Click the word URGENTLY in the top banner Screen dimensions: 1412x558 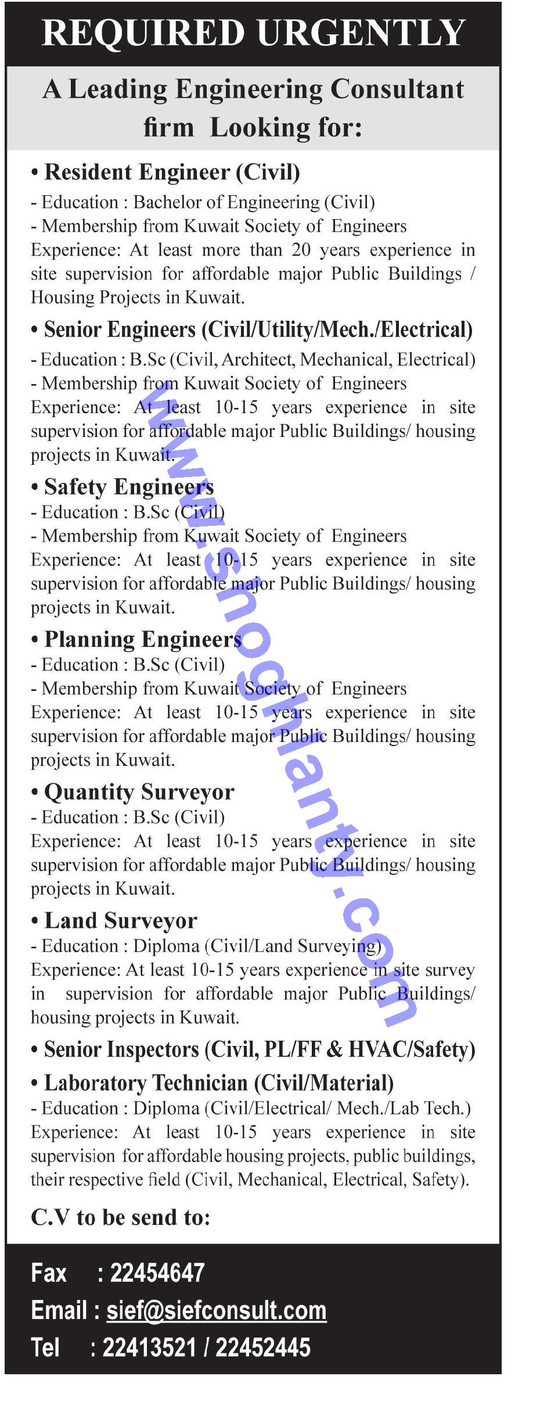tap(361, 33)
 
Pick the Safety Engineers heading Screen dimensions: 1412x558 tap(129, 486)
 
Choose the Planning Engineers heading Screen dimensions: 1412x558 tap(143, 639)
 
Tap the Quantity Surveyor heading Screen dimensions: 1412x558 tap(139, 791)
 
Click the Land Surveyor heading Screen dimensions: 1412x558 tap(121, 920)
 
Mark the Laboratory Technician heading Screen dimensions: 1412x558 tap(219, 1083)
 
